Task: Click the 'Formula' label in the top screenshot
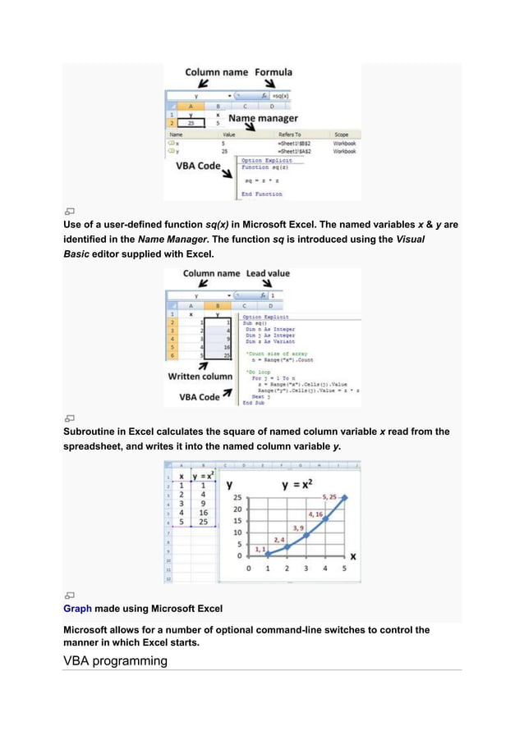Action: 273,72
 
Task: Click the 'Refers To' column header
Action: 289,134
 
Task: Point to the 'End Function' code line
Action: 261,194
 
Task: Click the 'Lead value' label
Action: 268,273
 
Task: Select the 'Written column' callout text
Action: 200,377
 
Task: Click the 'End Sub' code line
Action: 254,403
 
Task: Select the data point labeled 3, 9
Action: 306,536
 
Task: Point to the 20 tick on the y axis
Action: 237,509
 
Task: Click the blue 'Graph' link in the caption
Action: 77,609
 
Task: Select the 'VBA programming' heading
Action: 115,660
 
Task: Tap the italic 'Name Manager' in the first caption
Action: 171,239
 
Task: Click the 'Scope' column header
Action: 341,134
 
